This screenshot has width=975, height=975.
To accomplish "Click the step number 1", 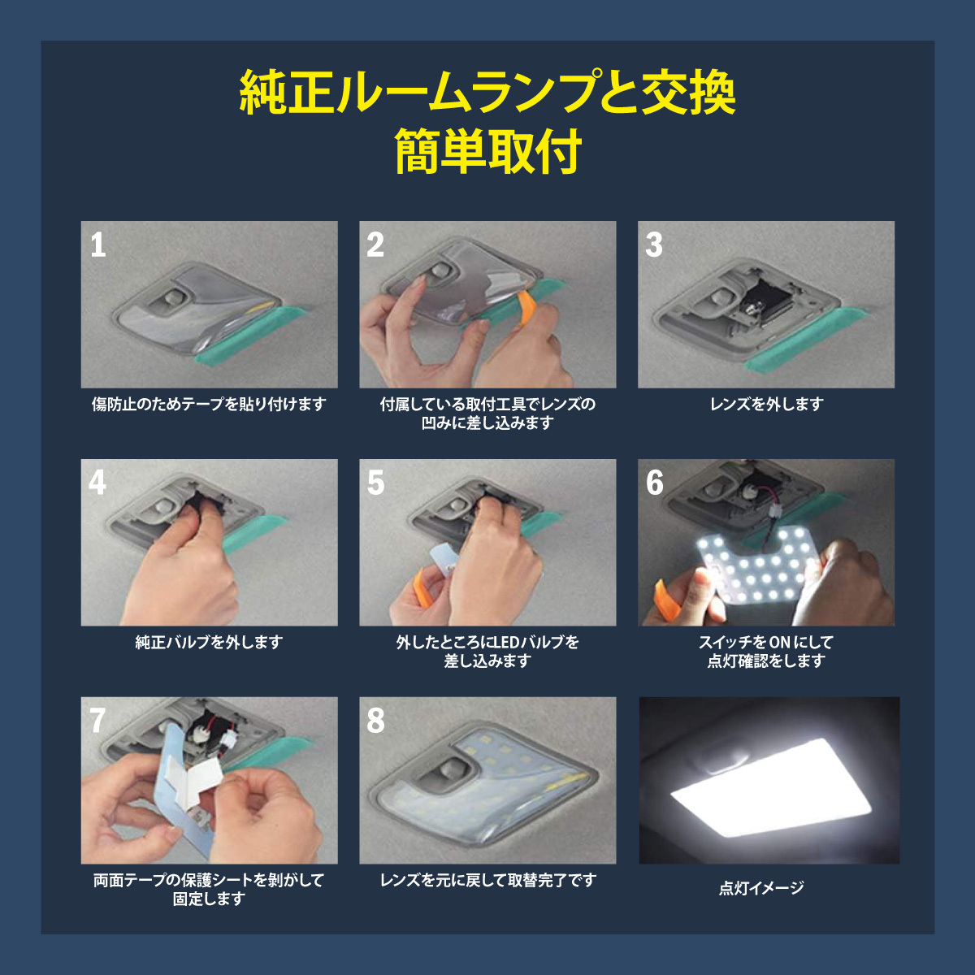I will point(98,245).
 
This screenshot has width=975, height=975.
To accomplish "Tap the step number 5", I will point(375,483).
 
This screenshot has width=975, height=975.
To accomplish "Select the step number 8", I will point(375,720).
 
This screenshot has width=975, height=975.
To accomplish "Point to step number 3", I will point(654,245).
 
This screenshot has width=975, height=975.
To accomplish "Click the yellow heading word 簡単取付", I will point(487,152).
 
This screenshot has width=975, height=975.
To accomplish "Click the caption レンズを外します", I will point(766,404).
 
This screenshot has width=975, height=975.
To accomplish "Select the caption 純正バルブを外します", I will point(209,642).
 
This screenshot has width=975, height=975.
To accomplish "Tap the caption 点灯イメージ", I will point(761,888).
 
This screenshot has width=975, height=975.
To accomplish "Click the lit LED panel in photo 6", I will point(756,569).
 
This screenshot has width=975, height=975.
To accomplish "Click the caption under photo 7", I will point(209,889).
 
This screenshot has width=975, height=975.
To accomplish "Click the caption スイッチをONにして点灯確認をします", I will point(766,652).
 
